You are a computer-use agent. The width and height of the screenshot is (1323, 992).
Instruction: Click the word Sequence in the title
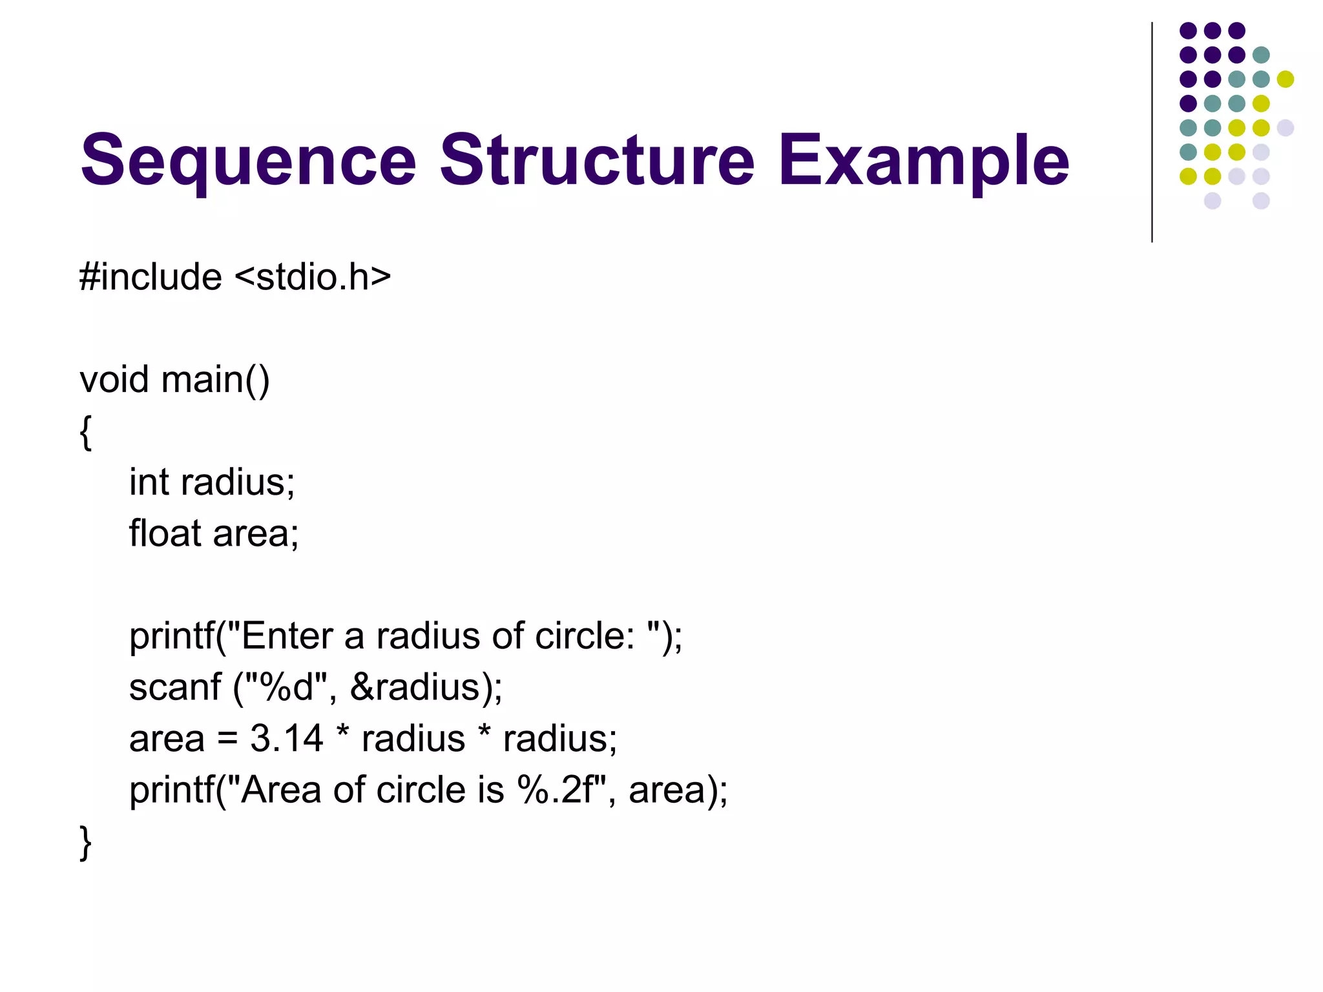click(248, 160)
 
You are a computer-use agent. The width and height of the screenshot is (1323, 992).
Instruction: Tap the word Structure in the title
click(597, 159)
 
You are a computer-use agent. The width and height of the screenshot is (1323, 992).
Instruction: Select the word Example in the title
click(924, 160)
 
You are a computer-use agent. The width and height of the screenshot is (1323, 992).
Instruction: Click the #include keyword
click(151, 277)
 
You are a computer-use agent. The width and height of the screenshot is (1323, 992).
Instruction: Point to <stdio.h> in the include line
click(313, 277)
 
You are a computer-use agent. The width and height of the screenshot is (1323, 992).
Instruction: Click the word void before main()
click(114, 379)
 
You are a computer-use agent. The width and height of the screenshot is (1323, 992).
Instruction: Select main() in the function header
click(216, 380)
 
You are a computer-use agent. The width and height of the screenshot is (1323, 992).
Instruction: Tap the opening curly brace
click(85, 432)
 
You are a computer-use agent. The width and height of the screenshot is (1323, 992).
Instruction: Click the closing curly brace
click(85, 842)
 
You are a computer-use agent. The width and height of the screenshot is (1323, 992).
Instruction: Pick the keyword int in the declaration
click(149, 482)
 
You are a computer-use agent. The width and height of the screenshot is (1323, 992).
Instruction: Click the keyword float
click(165, 533)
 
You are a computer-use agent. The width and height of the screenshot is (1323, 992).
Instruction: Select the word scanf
click(175, 687)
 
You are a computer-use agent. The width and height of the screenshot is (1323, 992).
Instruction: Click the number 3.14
click(286, 738)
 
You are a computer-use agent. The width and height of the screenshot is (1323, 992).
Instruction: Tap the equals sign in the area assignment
click(227, 739)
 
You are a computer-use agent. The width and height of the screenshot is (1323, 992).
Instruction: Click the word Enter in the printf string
click(287, 635)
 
